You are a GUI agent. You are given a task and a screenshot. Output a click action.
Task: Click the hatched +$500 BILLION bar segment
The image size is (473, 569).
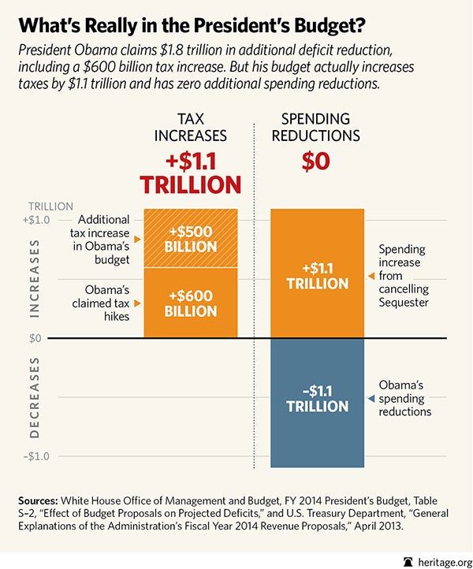pyautogui.click(x=191, y=238)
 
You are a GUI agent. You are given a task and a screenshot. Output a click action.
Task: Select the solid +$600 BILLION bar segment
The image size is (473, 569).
pyautogui.click(x=191, y=303)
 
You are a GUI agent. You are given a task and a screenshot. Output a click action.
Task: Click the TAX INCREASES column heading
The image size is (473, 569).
pyautogui.click(x=190, y=126)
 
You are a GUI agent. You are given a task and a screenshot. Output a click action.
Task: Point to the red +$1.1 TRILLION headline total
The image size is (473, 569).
pyautogui.click(x=190, y=173)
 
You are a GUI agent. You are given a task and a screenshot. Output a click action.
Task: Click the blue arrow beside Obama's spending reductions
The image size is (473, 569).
pyautogui.click(x=371, y=400)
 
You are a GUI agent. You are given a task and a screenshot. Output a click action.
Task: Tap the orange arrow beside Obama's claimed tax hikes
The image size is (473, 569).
pyautogui.click(x=137, y=303)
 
